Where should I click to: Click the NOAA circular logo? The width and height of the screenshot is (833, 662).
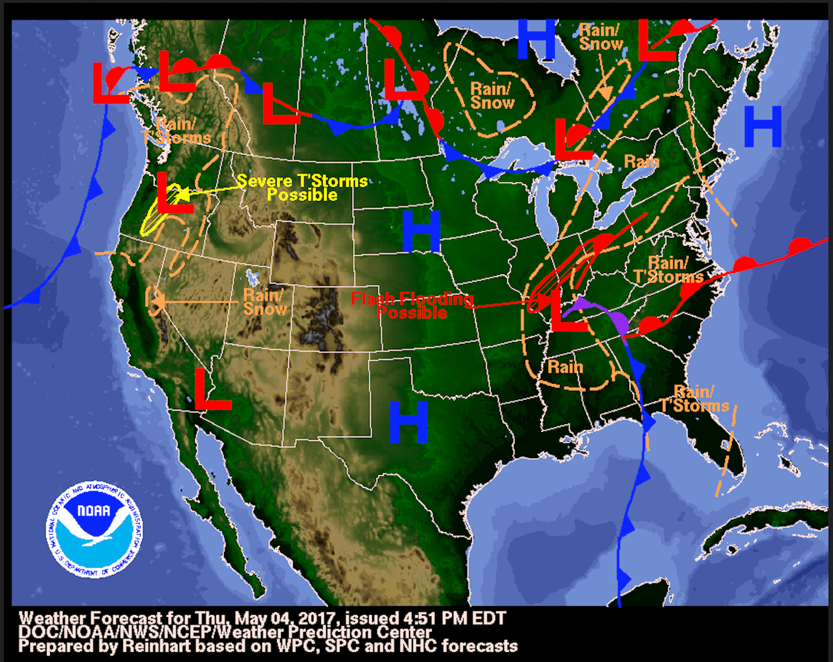pyautogui.click(x=94, y=529)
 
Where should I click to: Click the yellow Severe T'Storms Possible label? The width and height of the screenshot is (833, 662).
pyautogui.click(x=302, y=188)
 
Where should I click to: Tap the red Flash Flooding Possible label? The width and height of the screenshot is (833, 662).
pyautogui.click(x=412, y=305)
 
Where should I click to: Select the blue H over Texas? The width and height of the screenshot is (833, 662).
pyautogui.click(x=408, y=422)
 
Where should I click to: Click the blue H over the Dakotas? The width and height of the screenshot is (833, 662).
pyautogui.click(x=421, y=232)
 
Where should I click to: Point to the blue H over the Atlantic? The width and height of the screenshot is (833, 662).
pyautogui.click(x=763, y=126)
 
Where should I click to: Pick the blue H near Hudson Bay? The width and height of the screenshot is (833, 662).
pyautogui.click(x=536, y=39)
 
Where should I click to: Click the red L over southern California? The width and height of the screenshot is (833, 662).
pyautogui.click(x=211, y=389)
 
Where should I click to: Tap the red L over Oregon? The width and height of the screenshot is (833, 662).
pyautogui.click(x=174, y=193)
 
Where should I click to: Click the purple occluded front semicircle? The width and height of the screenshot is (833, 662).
pyautogui.click(x=619, y=323)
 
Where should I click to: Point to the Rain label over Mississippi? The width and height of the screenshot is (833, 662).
pyautogui.click(x=565, y=367)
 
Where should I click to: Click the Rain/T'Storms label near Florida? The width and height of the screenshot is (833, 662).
pyautogui.click(x=695, y=399)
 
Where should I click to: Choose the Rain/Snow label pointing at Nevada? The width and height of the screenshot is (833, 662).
pyautogui.click(x=264, y=302)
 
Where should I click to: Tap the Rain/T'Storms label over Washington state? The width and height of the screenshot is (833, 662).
pyautogui.click(x=176, y=131)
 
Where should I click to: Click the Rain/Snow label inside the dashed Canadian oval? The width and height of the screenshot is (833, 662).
pyautogui.click(x=491, y=96)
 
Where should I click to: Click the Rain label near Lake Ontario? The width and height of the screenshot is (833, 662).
pyautogui.click(x=641, y=162)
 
